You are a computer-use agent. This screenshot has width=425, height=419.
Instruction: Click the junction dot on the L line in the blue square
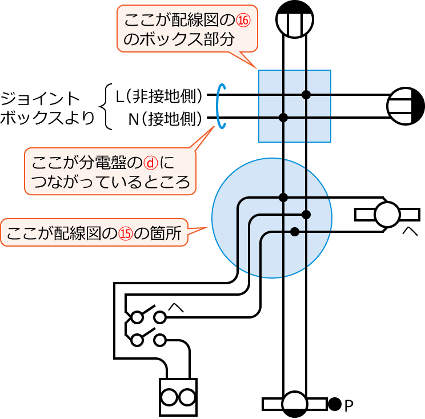pyautogui.click(x=307, y=95)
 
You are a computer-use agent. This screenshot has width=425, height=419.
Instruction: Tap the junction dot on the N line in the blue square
pyautogui.click(x=283, y=118)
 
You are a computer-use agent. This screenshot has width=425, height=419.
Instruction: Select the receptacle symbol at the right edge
pyautogui.click(x=405, y=106)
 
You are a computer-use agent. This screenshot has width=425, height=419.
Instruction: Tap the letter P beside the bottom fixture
pyautogui.click(x=349, y=405)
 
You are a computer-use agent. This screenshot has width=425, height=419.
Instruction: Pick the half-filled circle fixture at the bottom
pyautogui.click(x=295, y=404)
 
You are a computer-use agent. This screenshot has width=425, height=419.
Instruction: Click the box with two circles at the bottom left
pyautogui.click(x=177, y=397)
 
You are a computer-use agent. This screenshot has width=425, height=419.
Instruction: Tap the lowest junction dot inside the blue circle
pyautogui.click(x=295, y=231)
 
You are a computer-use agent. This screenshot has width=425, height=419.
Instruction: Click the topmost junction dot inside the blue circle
pyautogui.click(x=283, y=198)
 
